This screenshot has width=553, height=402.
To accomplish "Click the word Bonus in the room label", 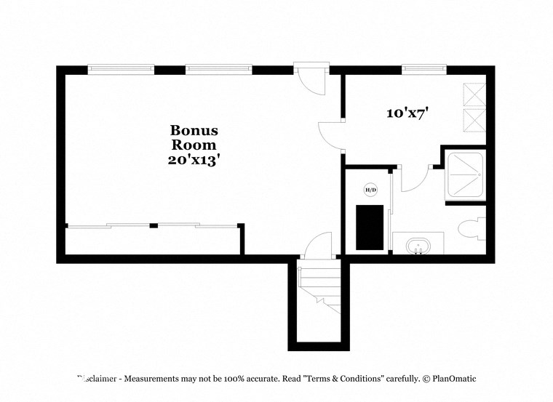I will click(194, 131).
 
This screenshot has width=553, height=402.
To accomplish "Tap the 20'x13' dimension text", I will click(194, 159).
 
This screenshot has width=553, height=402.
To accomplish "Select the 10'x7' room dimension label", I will click(407, 113).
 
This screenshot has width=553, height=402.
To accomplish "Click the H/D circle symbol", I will click(370, 190).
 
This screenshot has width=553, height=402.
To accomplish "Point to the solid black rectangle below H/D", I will click(369, 226).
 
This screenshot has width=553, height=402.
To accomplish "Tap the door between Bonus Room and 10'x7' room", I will click(332, 134).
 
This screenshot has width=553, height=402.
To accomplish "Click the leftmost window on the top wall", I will click(121, 70).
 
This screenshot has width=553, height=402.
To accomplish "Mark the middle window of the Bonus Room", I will click(218, 70).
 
